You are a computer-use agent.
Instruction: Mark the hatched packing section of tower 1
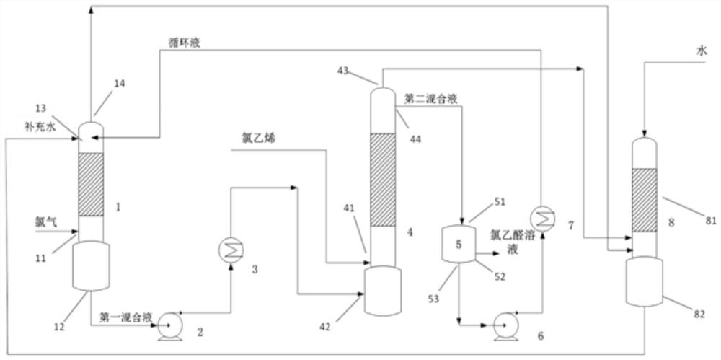pos(91,185)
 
